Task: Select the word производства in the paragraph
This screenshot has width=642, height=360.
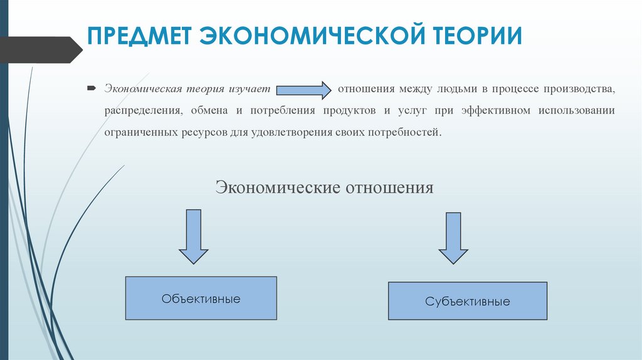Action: pos(581,89)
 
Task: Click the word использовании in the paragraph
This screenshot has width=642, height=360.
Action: pos(579,111)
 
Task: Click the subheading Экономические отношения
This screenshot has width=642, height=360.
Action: pos(324,188)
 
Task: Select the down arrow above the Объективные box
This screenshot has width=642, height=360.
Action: pos(194,237)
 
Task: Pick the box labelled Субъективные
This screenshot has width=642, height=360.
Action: pos(467,301)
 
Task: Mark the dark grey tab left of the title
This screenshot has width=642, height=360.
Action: pos(38,50)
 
